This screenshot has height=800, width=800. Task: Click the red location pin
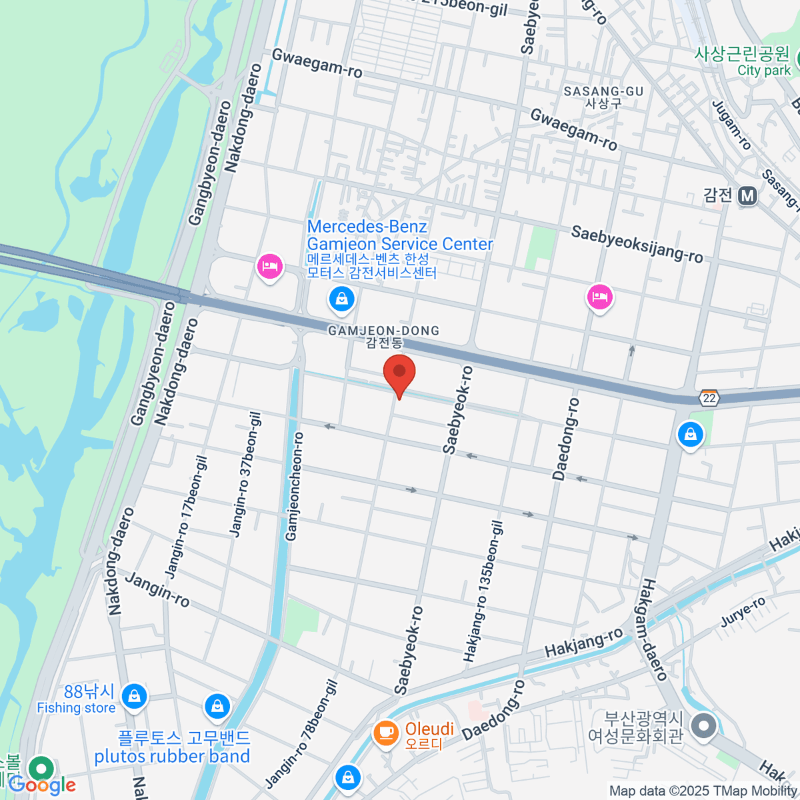(x=399, y=373)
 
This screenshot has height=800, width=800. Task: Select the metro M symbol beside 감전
(x=747, y=195)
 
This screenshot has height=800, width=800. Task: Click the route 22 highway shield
(x=709, y=398)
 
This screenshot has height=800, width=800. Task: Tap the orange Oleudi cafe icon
(x=385, y=732)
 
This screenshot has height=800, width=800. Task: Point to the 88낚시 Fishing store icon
(x=135, y=697)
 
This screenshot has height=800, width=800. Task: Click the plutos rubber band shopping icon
(x=217, y=707)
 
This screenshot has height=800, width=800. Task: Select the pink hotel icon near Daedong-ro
(x=600, y=297)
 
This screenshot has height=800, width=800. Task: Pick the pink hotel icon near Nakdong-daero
(x=269, y=267)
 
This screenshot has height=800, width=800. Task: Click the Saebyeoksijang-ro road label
(x=637, y=244)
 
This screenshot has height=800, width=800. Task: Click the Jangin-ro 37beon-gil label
(x=245, y=474)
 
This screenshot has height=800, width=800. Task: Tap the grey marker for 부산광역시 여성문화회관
(x=703, y=725)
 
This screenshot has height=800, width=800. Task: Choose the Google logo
(x=43, y=785)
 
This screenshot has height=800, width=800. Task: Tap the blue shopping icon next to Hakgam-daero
(x=691, y=435)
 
